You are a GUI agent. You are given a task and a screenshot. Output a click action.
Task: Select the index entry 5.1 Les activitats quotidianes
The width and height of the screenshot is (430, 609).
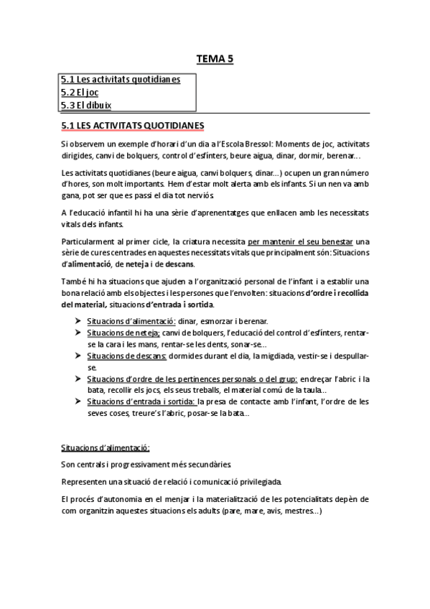tap(121, 79)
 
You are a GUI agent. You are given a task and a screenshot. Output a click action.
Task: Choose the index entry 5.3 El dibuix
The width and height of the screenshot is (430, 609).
tap(87, 106)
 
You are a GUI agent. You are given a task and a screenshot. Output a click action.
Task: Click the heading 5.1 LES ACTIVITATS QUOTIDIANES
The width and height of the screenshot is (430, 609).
tap(133, 126)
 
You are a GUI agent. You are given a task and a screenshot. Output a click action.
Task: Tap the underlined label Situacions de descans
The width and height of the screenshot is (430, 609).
tap(127, 356)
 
